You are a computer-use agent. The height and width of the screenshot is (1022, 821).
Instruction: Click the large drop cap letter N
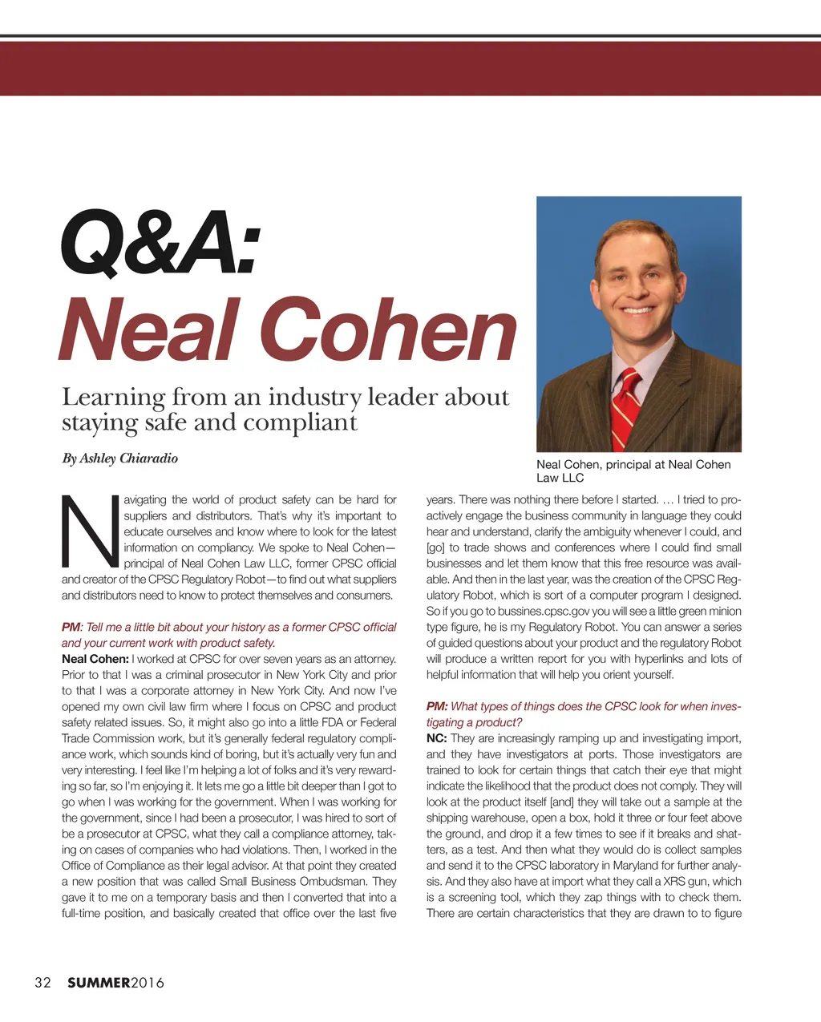[x=89, y=531]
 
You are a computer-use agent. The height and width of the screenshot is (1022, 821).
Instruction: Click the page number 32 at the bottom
[x=42, y=983]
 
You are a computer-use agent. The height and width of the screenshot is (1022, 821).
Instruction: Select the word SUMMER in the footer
[x=98, y=983]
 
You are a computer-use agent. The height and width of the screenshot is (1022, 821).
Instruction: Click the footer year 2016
[x=148, y=983]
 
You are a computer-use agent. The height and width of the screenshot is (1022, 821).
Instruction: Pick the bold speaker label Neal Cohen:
[x=95, y=659]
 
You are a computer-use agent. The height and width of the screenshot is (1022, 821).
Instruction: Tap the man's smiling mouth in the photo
[x=638, y=309]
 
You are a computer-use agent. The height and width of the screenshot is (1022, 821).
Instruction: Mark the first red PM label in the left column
[x=71, y=627]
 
